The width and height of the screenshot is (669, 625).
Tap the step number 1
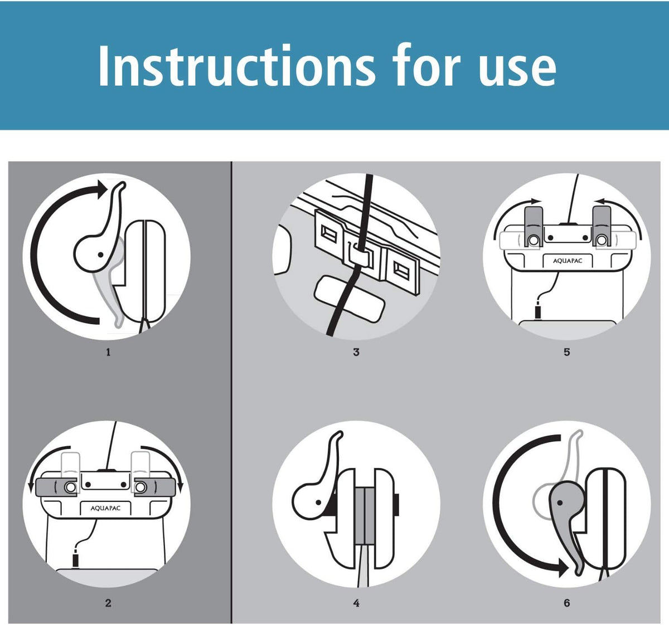click(x=108, y=352)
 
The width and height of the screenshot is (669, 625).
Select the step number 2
click(x=108, y=603)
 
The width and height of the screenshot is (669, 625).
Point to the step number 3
click(x=356, y=352)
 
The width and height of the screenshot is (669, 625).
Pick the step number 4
click(x=356, y=603)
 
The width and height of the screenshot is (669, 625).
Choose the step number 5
click(x=567, y=352)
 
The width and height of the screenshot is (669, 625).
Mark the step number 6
click(x=567, y=603)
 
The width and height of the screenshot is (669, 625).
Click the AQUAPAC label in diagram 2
click(x=105, y=508)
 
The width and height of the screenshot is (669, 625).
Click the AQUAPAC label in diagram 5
click(x=568, y=261)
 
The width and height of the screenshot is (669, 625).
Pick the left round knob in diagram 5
click(x=533, y=240)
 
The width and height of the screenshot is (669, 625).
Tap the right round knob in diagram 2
click(x=140, y=487)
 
